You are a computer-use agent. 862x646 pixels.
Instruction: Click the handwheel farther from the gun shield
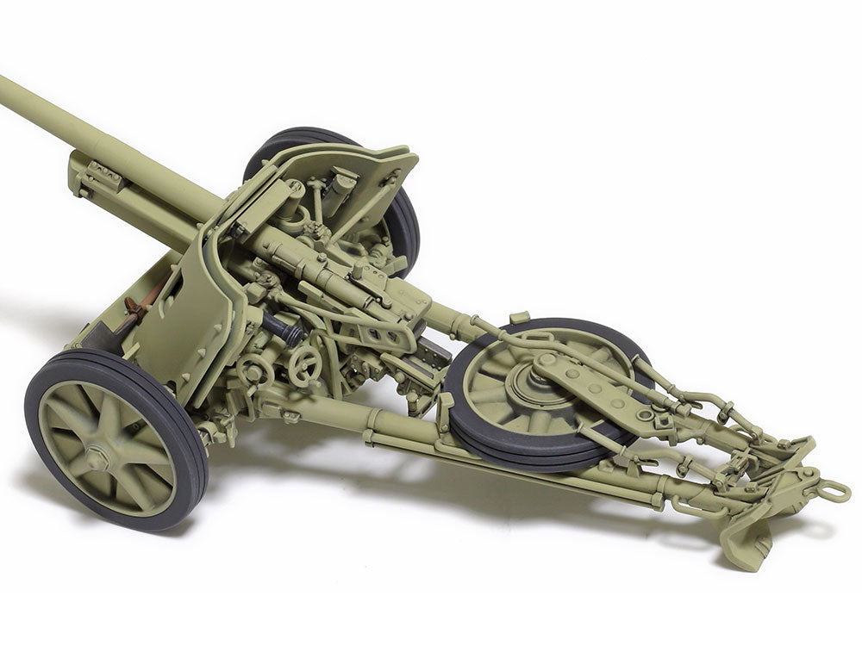[303, 366]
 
